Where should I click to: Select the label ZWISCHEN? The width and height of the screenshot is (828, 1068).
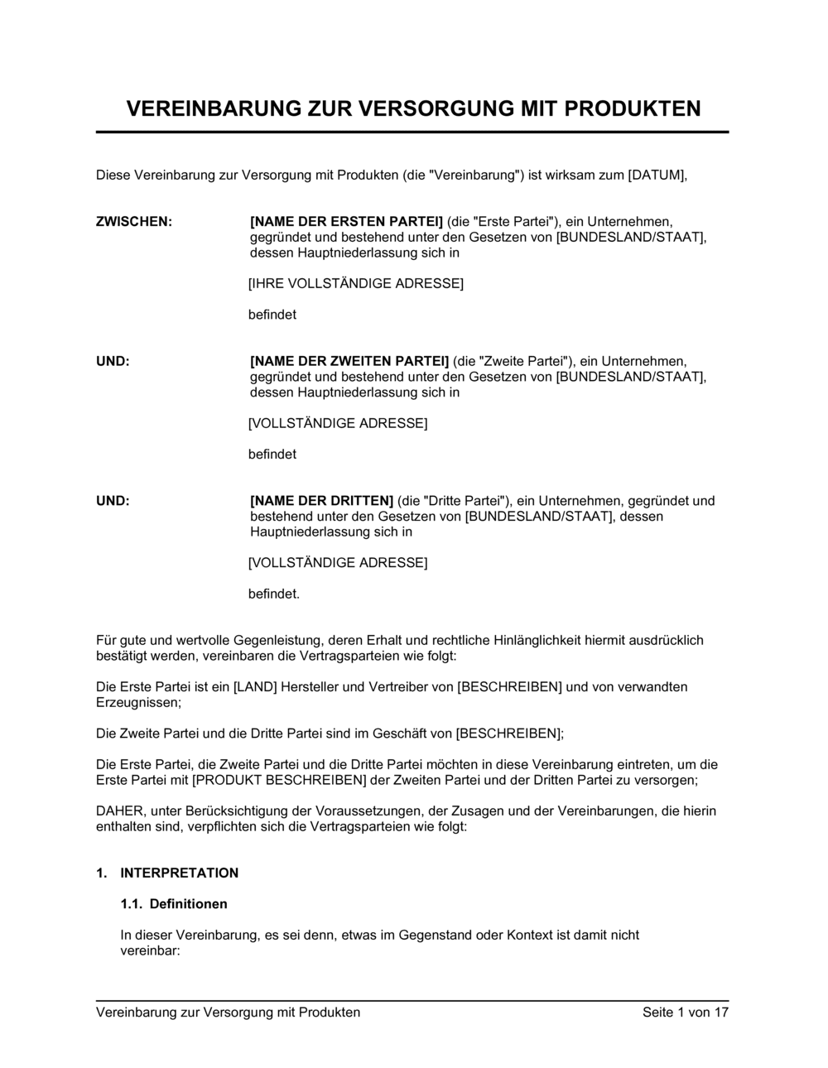pos(134,221)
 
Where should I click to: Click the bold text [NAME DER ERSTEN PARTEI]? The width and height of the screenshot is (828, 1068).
pos(346,221)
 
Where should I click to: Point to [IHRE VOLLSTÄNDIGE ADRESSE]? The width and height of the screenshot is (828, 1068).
pos(356,283)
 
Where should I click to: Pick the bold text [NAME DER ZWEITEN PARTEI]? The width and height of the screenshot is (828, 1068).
pos(349,361)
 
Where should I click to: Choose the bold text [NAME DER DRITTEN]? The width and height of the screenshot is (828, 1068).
pos(321,500)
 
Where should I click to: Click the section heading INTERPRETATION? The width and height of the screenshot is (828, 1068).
pos(179,873)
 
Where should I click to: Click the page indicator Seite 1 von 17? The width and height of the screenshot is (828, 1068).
pos(685,1012)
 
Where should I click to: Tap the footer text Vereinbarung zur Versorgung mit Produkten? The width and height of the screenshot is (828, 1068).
pos(229,1012)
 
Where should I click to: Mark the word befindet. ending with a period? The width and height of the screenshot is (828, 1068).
pos(274,594)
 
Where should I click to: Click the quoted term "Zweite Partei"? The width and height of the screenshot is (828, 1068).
pos(514,361)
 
